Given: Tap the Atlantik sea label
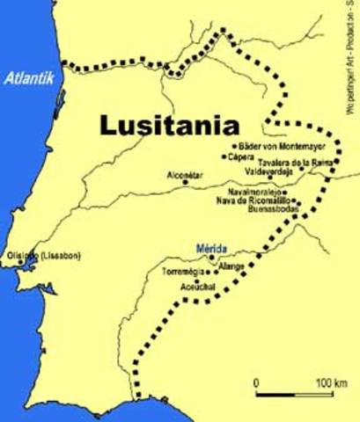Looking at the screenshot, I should click(x=30, y=78).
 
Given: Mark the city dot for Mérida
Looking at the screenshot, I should click(x=211, y=258).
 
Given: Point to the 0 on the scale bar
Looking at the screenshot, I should click(x=255, y=382).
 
